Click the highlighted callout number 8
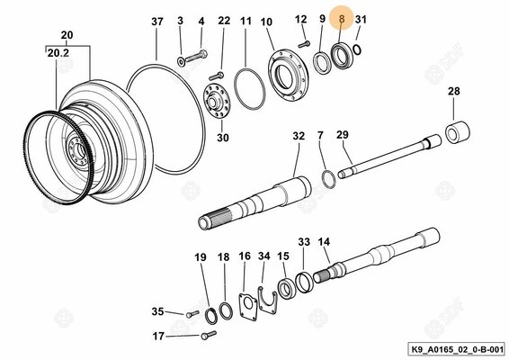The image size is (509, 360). pyautogui.click(x=341, y=19)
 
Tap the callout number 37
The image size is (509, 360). pyautogui.click(x=157, y=22)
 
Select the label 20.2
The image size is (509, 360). pyautogui.click(x=58, y=53)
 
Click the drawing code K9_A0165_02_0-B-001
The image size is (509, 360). pyautogui.click(x=458, y=349)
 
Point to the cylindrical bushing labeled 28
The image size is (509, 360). pyautogui.click(x=458, y=131)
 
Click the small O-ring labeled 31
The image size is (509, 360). pyautogui.click(x=357, y=50)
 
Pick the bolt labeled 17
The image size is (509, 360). pyautogui.click(x=209, y=335)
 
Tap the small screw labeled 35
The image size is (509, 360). pyautogui.click(x=192, y=313)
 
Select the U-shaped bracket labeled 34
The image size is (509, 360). pyautogui.click(x=267, y=300)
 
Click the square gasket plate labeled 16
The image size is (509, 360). pyautogui.click(x=248, y=306)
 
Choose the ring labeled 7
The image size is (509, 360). pyautogui.click(x=328, y=180)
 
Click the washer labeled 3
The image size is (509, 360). pyautogui.click(x=181, y=61)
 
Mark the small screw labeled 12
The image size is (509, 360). pyautogui.click(x=304, y=44)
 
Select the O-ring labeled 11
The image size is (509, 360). pyautogui.click(x=250, y=89)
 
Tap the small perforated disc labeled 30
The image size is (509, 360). pyautogui.click(x=217, y=103)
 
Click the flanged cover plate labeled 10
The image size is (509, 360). pyautogui.click(x=289, y=75)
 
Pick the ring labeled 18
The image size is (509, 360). pyautogui.click(x=226, y=310)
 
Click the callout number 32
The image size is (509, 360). pyautogui.click(x=299, y=136)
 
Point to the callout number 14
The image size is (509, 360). pyautogui.click(x=324, y=242)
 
